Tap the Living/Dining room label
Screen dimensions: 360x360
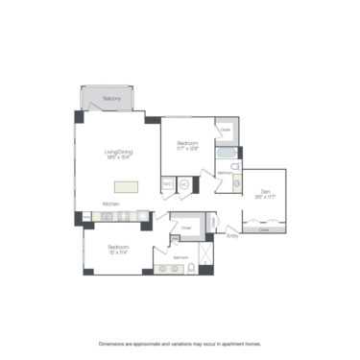click(117, 151)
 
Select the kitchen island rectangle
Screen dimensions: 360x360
click(129, 187)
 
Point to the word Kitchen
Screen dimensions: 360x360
click(111, 204)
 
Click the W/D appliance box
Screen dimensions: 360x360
click(167, 182)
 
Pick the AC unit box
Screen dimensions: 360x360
click(183, 182)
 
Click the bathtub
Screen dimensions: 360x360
click(227, 154)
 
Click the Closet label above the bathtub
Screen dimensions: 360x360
click(226, 130)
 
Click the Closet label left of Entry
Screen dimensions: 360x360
click(186, 228)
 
